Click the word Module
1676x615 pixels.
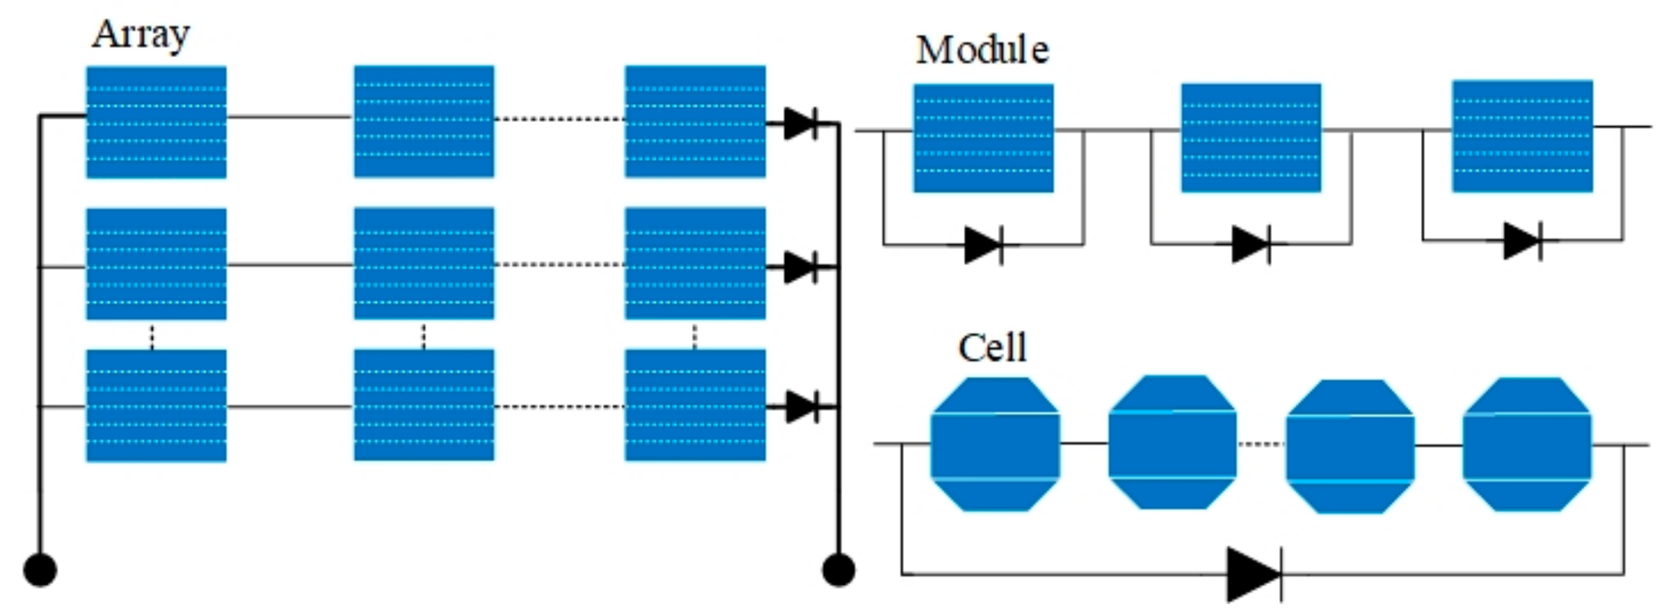click(982, 50)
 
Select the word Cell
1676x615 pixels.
click(992, 348)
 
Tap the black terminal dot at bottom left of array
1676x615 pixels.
click(41, 570)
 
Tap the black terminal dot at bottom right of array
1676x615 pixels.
click(839, 570)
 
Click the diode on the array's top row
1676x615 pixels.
click(801, 123)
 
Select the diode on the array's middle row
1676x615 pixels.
click(801, 267)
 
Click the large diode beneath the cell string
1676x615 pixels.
click(1255, 574)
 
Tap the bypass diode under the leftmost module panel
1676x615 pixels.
click(983, 246)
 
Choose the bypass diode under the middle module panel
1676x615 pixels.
click(1251, 245)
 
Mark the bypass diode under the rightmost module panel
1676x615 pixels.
click(1522, 241)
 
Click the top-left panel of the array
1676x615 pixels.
click(156, 122)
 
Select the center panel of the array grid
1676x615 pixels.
click(424, 263)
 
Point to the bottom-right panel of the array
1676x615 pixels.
click(695, 405)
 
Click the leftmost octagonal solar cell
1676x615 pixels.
click(995, 445)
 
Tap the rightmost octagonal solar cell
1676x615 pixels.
click(1526, 445)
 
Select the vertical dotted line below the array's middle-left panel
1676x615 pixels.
click(152, 336)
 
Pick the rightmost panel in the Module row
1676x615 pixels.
click(1522, 136)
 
